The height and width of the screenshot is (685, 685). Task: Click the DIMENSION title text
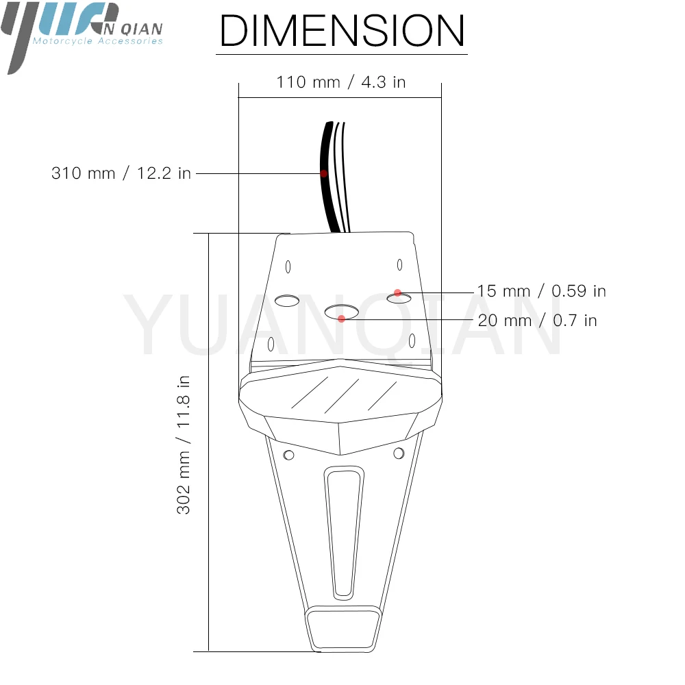[x=342, y=30]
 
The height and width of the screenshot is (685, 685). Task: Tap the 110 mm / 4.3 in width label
[x=341, y=82]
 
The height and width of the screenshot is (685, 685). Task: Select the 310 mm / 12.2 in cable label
[x=121, y=173]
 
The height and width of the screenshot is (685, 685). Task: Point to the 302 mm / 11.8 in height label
[x=184, y=445]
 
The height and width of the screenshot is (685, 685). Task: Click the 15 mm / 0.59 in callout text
[x=541, y=291]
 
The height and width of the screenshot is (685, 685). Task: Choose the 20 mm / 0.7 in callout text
[x=537, y=321]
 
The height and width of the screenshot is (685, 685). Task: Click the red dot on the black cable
[x=324, y=173]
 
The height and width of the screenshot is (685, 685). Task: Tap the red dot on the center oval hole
[x=342, y=319]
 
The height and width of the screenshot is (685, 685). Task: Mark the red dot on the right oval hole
[x=397, y=292]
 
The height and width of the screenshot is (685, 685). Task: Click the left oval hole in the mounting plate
[x=287, y=301]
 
